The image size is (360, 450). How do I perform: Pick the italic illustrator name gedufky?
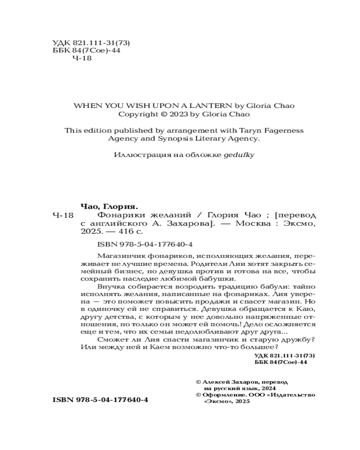[x=241, y=155]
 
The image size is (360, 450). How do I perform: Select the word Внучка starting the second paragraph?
[x=109, y=286]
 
